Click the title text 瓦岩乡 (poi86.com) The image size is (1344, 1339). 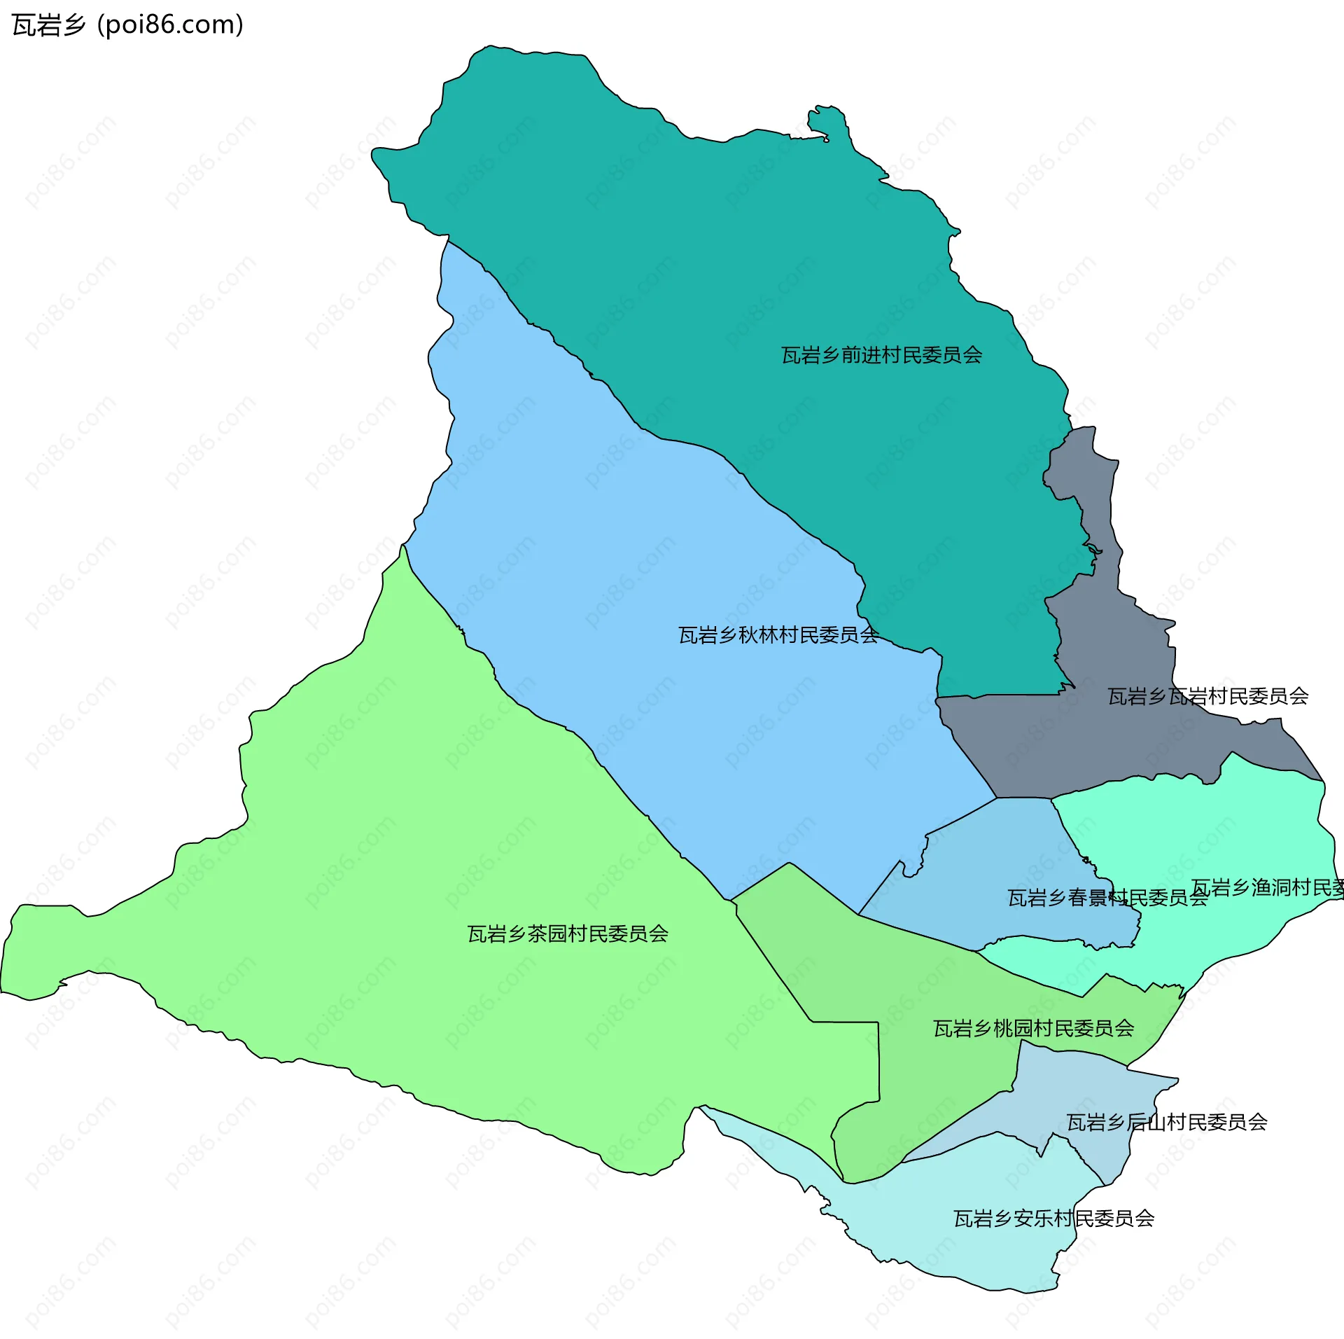[127, 25]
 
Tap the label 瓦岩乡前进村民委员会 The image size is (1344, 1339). [881, 355]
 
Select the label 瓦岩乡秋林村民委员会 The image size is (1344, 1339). [778, 635]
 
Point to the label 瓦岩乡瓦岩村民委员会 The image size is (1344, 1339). [1207, 696]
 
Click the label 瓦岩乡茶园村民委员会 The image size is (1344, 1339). [568, 934]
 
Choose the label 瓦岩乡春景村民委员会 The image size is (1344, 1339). [1107, 898]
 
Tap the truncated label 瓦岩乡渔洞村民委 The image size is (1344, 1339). [1267, 888]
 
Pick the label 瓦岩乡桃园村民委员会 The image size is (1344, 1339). [1033, 1028]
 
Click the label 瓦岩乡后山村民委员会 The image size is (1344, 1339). [1166, 1122]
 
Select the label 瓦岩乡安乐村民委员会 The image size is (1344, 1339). [1053, 1219]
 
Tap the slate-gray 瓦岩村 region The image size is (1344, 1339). [1092, 742]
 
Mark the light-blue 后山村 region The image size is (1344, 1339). [1092, 1092]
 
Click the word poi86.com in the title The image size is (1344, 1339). [171, 25]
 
